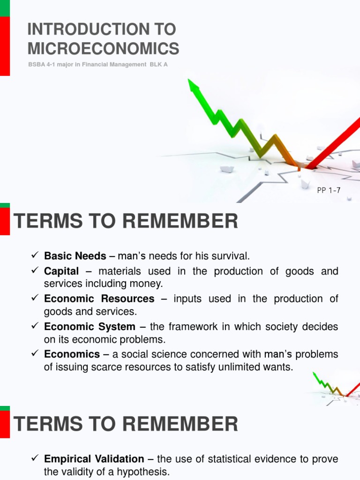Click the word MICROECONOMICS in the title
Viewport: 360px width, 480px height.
click(103, 48)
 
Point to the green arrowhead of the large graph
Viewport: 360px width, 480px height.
click(193, 86)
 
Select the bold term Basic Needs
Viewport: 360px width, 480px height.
click(75, 256)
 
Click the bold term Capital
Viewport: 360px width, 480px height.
click(61, 271)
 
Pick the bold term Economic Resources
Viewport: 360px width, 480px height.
click(99, 299)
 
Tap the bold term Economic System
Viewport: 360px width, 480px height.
click(90, 326)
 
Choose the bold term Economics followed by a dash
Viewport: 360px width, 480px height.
click(72, 354)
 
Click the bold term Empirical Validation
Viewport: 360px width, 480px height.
click(94, 459)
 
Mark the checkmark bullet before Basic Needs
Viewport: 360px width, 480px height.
click(34, 256)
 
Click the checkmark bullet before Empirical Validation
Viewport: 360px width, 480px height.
click(34, 459)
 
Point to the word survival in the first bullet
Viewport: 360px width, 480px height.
click(230, 256)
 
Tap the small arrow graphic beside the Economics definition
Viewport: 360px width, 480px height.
click(335, 384)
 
